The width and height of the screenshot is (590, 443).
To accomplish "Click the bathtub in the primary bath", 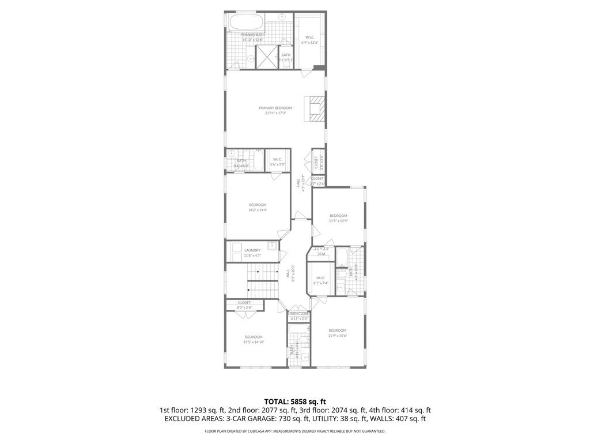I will point(247,23).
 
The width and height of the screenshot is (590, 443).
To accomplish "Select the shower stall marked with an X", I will point(266,57).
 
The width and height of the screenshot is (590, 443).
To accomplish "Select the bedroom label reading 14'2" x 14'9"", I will point(258,207).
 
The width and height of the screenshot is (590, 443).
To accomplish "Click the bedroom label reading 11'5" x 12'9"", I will point(338,218).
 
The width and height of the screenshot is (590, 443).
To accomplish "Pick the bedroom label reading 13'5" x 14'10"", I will point(254,339).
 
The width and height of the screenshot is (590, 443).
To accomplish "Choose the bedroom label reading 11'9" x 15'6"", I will point(338,333).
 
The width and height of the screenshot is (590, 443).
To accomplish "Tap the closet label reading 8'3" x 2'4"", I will point(244,305).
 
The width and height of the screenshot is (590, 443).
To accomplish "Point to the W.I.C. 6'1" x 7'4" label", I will point(321,280).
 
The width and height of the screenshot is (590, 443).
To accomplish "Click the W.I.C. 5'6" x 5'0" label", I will point(277,162).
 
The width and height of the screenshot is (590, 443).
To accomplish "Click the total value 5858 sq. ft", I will point(295,401).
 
